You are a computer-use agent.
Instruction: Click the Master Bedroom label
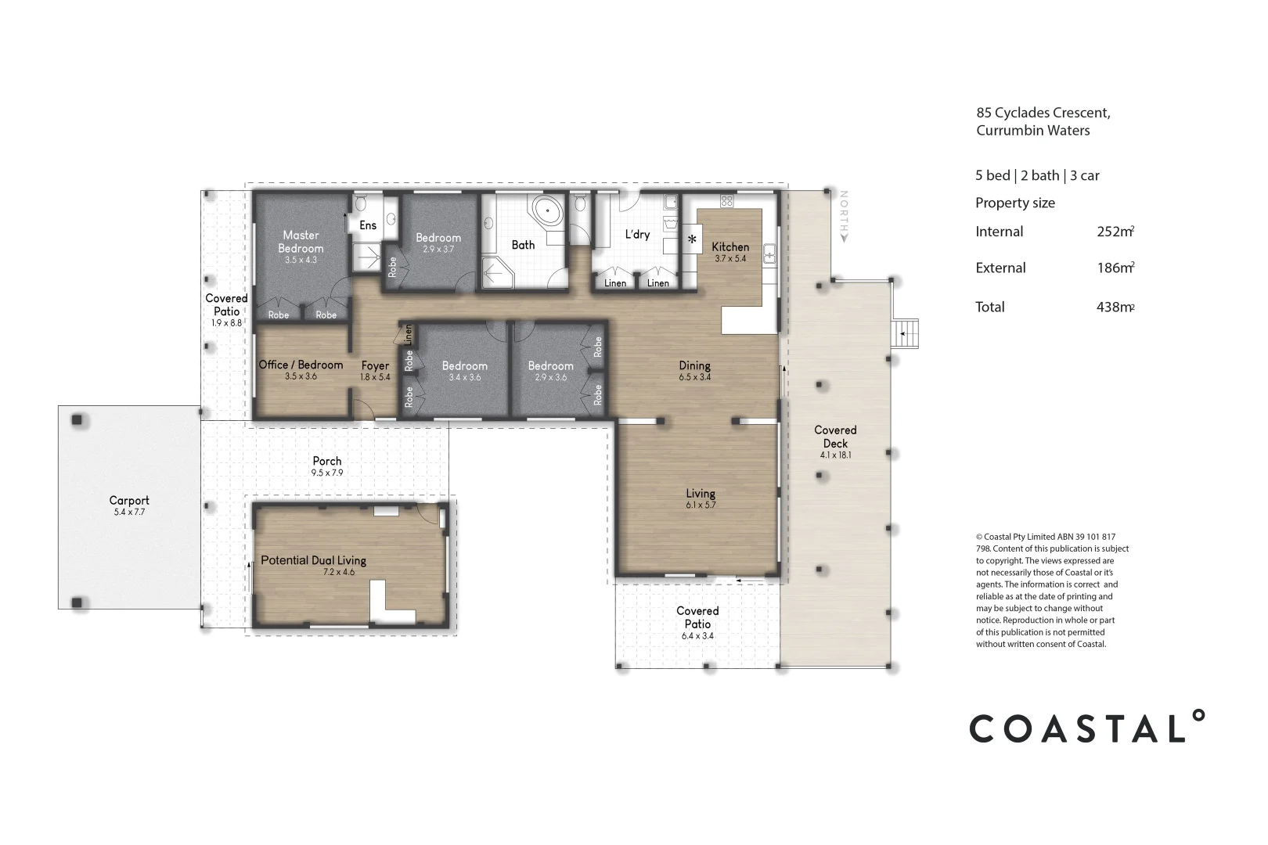point(301,241)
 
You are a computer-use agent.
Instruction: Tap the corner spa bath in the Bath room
point(546,211)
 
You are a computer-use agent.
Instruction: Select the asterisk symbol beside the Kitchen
point(692,239)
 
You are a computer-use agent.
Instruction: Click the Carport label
point(129,501)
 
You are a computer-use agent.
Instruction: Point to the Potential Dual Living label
point(313,560)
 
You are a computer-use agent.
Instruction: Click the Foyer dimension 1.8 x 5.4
point(375,377)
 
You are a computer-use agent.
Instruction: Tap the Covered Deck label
point(835,437)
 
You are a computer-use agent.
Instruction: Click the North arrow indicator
point(844,215)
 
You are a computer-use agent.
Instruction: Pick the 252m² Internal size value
point(1115,232)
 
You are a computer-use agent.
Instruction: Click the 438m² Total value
point(1115,307)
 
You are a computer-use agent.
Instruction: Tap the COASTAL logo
point(1086,727)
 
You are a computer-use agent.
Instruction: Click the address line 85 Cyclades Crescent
point(1043,113)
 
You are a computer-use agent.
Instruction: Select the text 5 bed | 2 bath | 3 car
point(1037,176)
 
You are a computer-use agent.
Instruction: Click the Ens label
point(368,225)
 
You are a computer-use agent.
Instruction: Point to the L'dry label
point(637,234)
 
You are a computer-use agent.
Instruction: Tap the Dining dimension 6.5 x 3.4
point(695,377)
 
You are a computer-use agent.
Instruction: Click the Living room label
point(701,494)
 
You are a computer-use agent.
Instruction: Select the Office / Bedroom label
point(301,365)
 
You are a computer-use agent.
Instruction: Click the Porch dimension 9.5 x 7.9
point(327,473)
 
